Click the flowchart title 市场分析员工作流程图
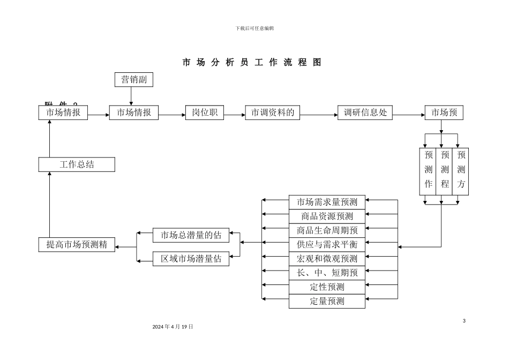252,62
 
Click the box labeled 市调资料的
273,112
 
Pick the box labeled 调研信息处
365,112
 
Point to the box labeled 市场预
444,112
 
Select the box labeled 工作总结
77,164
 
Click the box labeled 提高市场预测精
77,245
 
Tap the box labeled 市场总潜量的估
191,234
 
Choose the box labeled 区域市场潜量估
191,259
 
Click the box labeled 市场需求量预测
327,202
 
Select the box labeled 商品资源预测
327,216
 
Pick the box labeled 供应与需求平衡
327,244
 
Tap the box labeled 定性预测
327,287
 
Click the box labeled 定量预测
327,301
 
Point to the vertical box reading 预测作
428,171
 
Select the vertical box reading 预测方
461,171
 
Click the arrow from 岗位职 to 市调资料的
235,115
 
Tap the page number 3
464,320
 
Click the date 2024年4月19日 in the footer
173,326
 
